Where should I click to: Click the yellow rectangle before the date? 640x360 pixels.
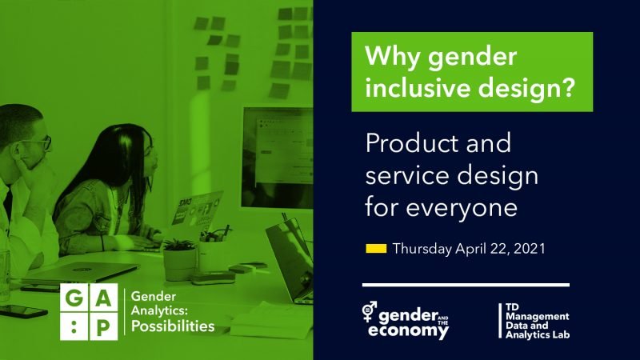click(x=376, y=249)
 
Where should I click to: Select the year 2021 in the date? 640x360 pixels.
click(x=528, y=249)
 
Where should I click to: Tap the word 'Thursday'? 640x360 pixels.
click(x=422, y=249)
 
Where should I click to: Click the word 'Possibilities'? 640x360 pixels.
click(x=172, y=326)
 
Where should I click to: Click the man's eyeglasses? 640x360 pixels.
click(x=36, y=143)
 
